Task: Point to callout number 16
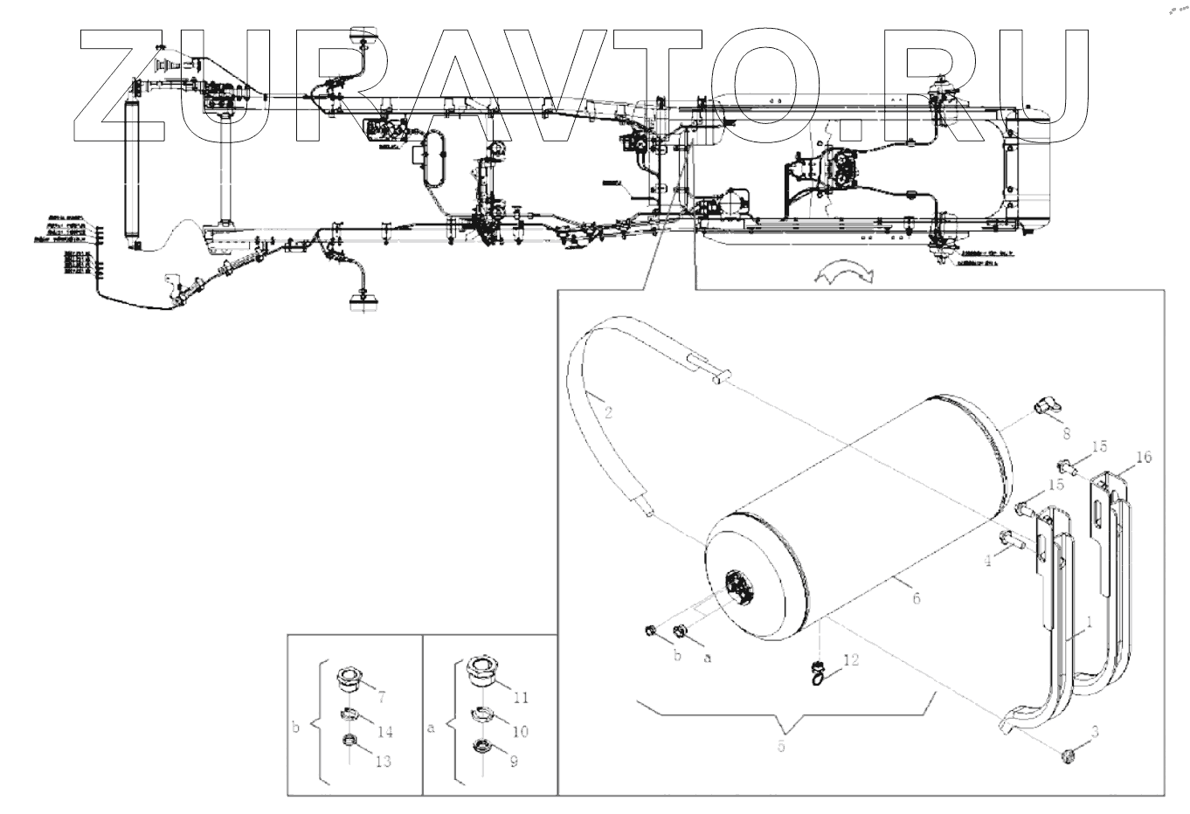1145,457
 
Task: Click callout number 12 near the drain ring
851,661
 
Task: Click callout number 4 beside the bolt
986,562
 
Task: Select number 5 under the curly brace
781,748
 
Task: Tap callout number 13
382,762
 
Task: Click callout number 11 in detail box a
522,697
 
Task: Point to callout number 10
521,730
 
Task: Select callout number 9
515,762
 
